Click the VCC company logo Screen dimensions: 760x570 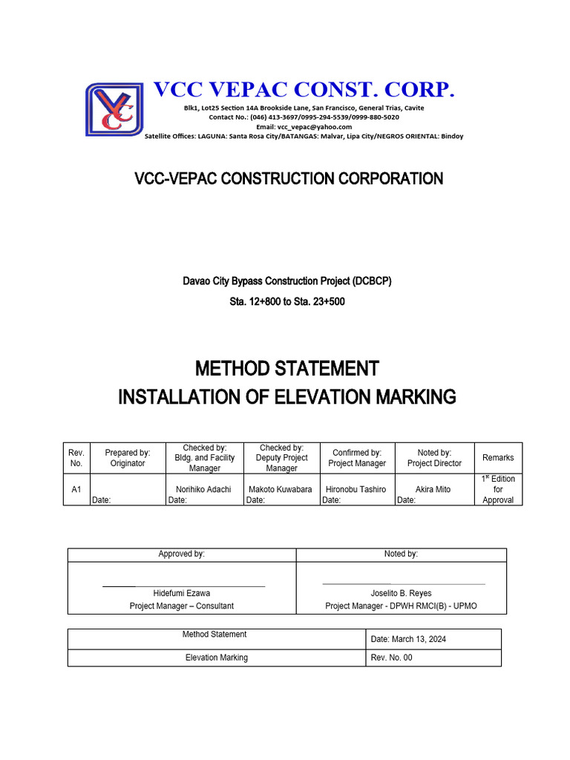point(114,109)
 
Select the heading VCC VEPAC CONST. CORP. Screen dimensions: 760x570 point(304,91)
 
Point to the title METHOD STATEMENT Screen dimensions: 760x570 point(286,368)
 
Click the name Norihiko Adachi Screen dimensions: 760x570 point(204,490)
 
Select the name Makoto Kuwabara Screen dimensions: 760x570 point(281,490)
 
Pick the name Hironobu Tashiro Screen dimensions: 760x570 point(356,490)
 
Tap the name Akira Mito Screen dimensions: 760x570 point(434,490)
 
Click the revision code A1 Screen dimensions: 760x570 point(76,490)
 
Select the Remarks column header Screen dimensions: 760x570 point(498,458)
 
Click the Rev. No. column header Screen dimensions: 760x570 point(76,458)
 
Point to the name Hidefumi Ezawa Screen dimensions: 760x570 point(182,593)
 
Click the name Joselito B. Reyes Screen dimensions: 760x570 point(401,593)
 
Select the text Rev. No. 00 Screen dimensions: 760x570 point(391,658)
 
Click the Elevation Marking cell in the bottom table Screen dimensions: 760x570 point(217,658)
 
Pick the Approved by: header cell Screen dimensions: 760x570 point(182,554)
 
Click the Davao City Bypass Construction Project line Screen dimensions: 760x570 point(286,282)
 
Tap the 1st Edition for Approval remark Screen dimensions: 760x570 point(498,490)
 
